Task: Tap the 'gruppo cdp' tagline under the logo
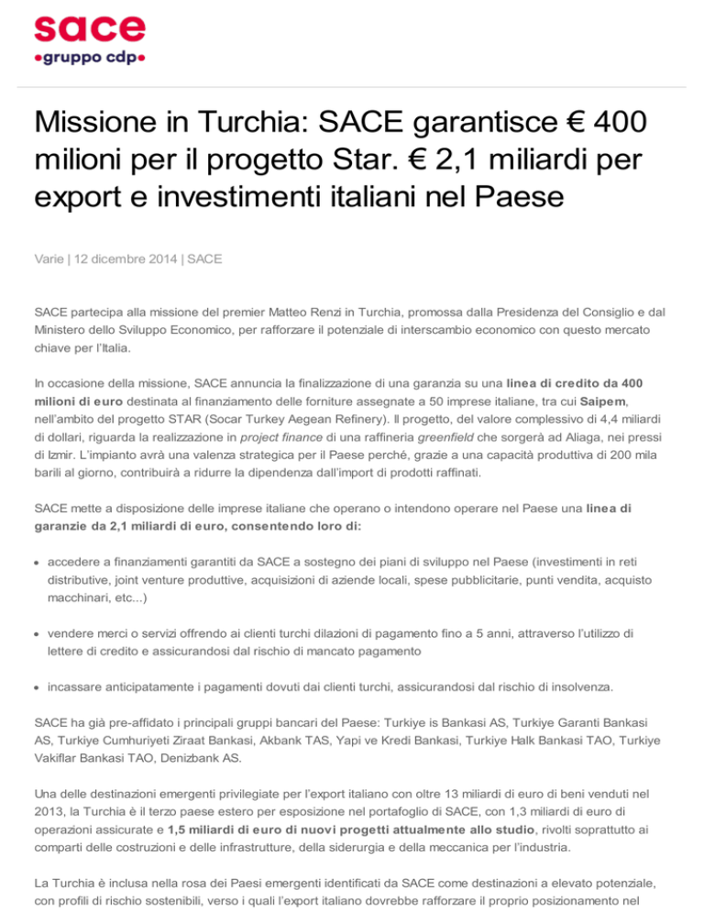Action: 90,60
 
